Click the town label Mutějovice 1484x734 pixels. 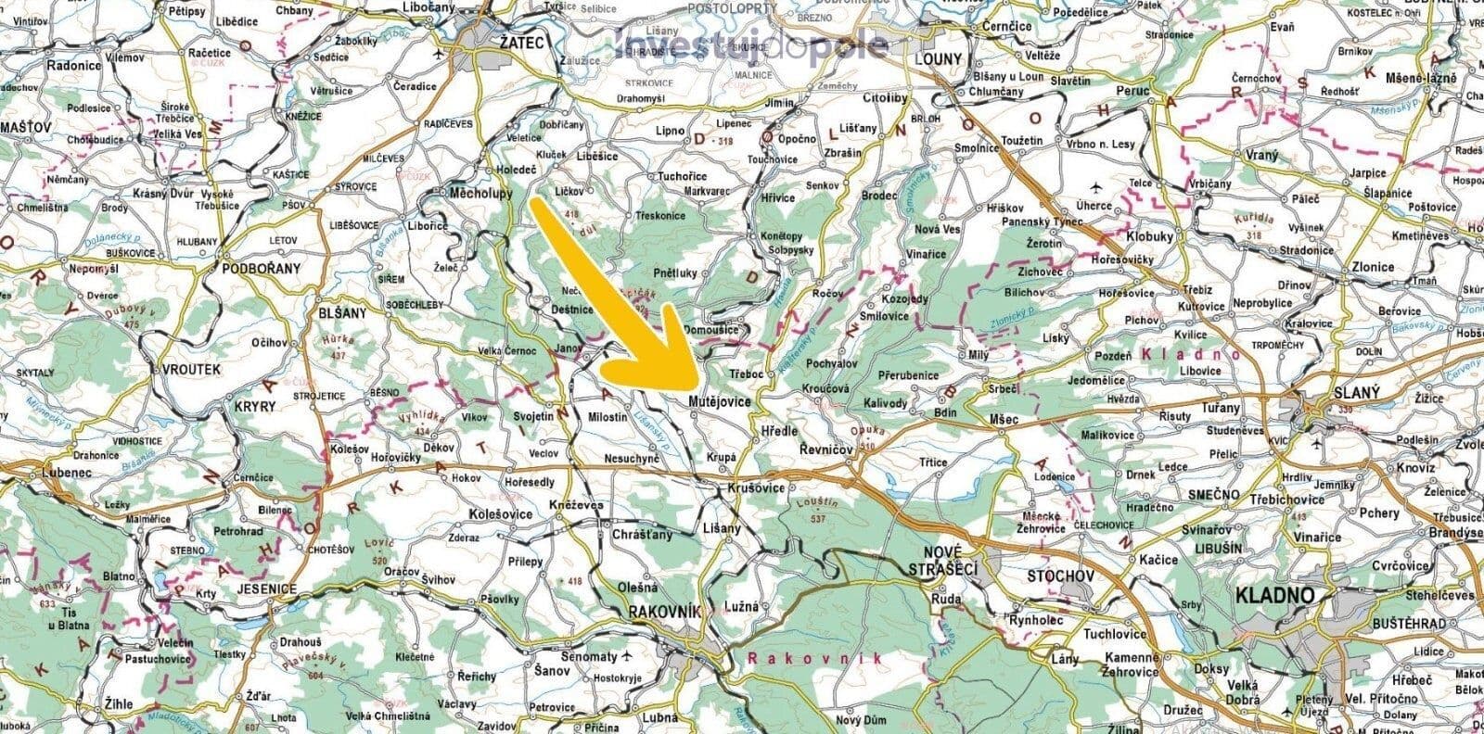pos(721,402)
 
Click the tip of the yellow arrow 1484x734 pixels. pos(697,386)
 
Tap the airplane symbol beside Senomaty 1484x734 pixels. pos(628,656)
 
